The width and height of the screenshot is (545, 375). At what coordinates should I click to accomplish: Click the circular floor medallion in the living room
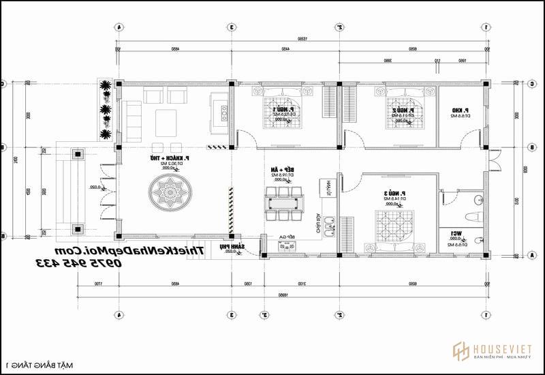tap(166, 194)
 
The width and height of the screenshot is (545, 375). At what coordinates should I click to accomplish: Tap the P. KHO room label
tap(458, 112)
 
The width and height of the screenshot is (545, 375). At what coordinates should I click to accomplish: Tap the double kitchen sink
tap(328, 226)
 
